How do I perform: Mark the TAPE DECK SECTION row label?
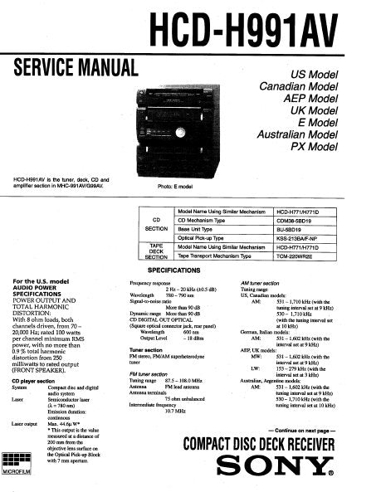point(155,251)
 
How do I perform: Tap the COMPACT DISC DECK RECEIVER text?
point(258,442)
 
